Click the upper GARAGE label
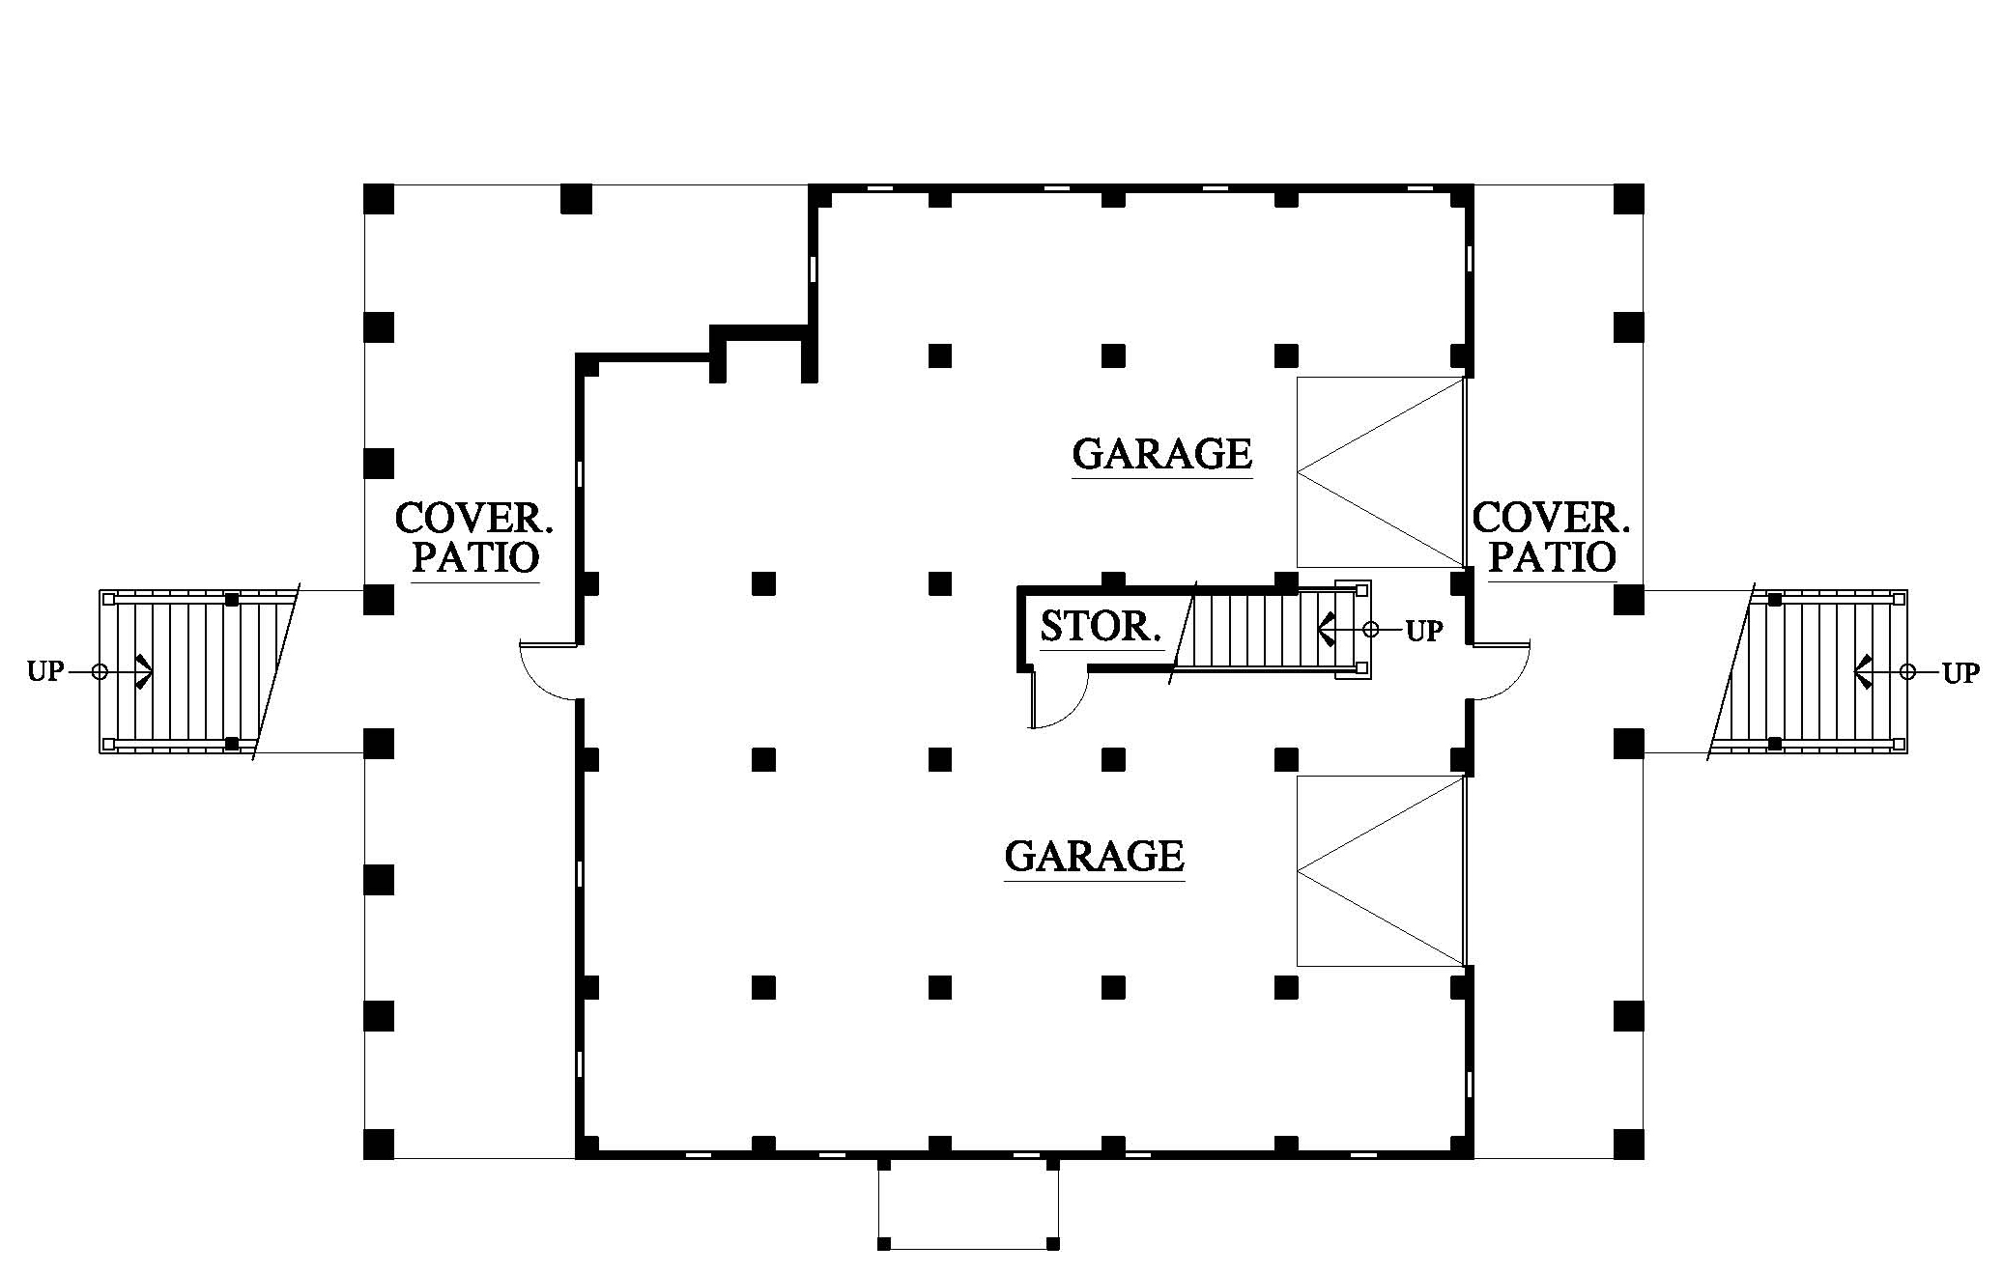click(x=1161, y=454)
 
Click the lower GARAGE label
click(x=1094, y=857)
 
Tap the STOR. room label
click(x=1101, y=627)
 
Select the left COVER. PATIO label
click(x=473, y=538)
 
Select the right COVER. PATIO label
click(x=1551, y=538)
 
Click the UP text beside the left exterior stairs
click(x=45, y=671)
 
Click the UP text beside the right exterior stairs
click(x=1960, y=673)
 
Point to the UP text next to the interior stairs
click(x=1423, y=631)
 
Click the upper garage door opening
click(x=1381, y=472)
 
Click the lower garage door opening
click(x=1381, y=871)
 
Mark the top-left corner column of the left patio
click(x=379, y=199)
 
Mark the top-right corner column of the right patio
click(x=1629, y=199)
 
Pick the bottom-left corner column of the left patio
click(x=379, y=1144)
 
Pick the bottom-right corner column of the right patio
click(x=1629, y=1144)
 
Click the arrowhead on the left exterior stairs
click(x=143, y=671)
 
